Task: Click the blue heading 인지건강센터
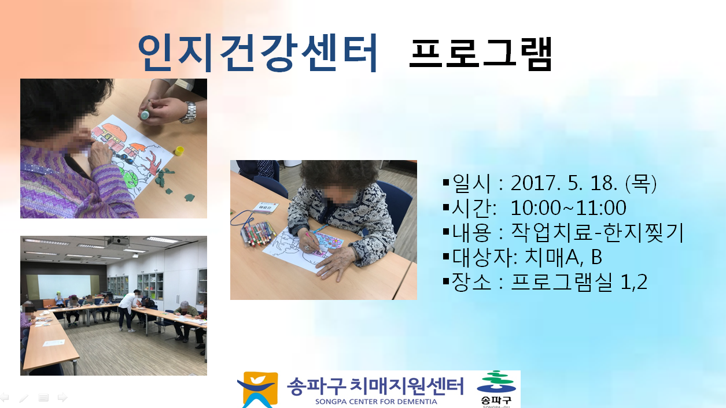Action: tap(258, 53)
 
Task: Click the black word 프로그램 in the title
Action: tap(480, 54)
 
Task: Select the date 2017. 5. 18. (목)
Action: tap(583, 183)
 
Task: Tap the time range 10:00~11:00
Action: tap(569, 208)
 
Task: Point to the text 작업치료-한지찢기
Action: tap(598, 232)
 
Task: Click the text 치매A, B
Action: tap(563, 257)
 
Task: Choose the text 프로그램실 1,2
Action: tap(579, 281)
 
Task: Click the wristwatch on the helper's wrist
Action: tap(188, 113)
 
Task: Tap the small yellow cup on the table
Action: tap(179, 151)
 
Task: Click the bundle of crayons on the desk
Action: tap(258, 233)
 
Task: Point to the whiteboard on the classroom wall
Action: tap(64, 286)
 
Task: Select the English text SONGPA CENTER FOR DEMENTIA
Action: tap(376, 402)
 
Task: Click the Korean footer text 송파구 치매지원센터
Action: tap(375, 386)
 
